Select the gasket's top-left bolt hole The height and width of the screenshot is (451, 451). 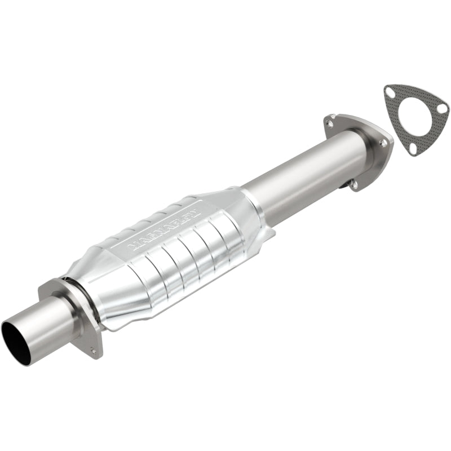[390, 91]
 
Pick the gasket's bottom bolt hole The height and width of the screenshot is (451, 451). [413, 148]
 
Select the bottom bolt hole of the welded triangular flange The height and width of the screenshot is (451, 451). [353, 183]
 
